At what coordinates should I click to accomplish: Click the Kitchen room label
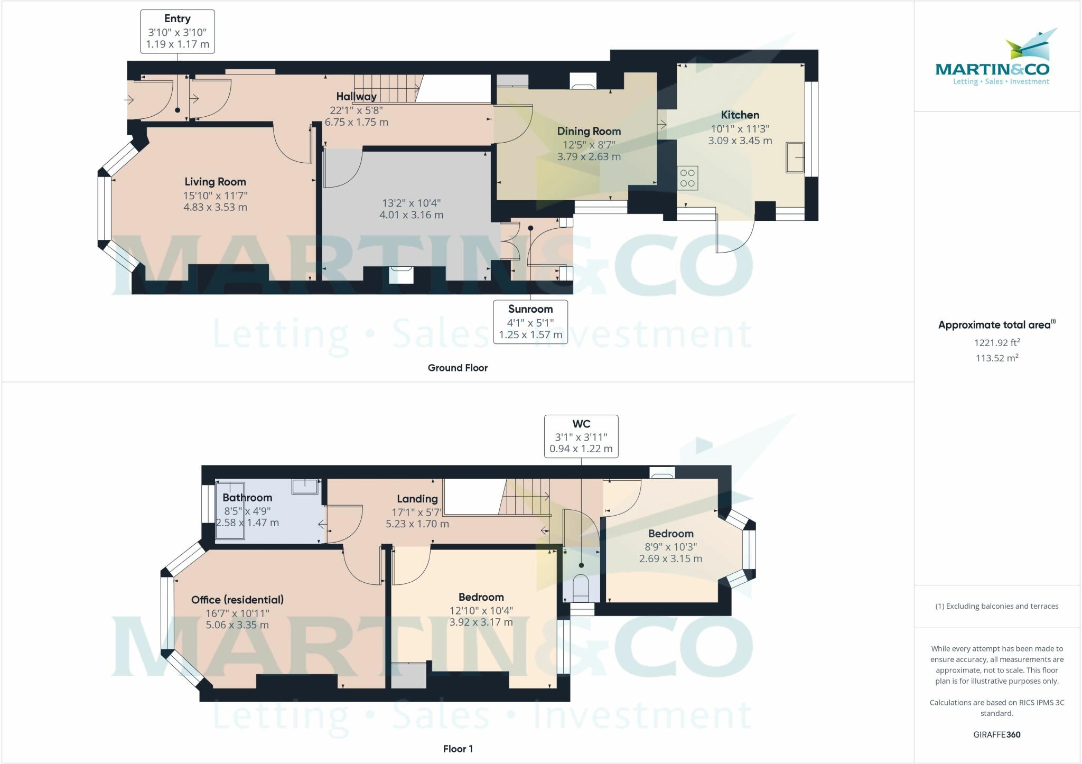(740, 115)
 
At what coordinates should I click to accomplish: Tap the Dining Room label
(589, 131)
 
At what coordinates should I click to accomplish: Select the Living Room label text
(215, 182)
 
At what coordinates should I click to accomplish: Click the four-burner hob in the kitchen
(687, 178)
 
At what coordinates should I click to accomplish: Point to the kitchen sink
(795, 157)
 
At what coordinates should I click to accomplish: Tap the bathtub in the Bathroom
(230, 510)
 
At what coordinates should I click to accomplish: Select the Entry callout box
(178, 31)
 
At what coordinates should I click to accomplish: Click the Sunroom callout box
(530, 322)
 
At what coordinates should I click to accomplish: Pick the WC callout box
(581, 436)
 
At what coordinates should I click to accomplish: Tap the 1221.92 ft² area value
(997, 342)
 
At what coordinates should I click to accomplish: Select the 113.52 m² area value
(997, 358)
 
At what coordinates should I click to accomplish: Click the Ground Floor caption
(458, 368)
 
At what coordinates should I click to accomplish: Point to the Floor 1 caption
(458, 749)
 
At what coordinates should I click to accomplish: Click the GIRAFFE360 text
(997, 734)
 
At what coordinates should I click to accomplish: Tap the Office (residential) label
(237, 600)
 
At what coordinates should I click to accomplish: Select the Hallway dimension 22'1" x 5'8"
(356, 110)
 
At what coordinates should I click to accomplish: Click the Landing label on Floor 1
(417, 499)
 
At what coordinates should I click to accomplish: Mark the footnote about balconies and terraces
(997, 606)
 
